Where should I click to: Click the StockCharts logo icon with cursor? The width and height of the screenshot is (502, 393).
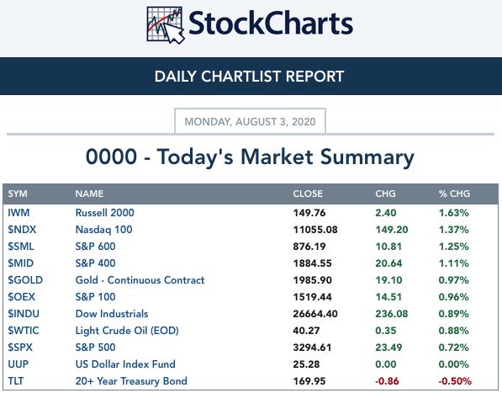pyautogui.click(x=165, y=25)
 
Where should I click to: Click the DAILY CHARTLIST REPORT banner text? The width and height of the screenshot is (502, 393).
pyautogui.click(x=249, y=77)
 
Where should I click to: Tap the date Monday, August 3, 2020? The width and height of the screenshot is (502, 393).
pyautogui.click(x=250, y=122)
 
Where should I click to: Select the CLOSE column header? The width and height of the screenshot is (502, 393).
pyautogui.click(x=308, y=194)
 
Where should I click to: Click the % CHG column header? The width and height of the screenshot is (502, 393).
pyautogui.click(x=454, y=194)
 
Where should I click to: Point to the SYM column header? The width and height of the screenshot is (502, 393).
pyautogui.click(x=18, y=194)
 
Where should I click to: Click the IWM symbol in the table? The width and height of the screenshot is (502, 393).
pyautogui.click(x=18, y=213)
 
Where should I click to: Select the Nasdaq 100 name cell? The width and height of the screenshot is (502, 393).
pyautogui.click(x=103, y=230)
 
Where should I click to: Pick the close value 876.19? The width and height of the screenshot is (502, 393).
pyautogui.click(x=309, y=247)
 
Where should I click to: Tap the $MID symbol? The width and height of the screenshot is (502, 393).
pyautogui.click(x=20, y=263)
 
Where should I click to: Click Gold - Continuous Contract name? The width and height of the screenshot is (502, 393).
pyautogui.click(x=140, y=280)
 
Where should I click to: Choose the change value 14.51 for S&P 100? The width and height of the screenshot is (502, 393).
pyautogui.click(x=388, y=297)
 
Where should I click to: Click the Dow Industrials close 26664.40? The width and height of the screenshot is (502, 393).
pyautogui.click(x=315, y=314)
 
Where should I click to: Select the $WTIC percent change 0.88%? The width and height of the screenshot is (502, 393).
pyautogui.click(x=454, y=331)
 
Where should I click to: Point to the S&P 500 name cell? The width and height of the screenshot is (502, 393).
pyautogui.click(x=95, y=348)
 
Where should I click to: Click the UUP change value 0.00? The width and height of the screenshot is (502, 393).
pyautogui.click(x=386, y=364)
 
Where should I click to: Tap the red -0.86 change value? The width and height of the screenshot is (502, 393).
pyautogui.click(x=387, y=381)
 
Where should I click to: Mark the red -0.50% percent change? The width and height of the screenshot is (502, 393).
pyautogui.click(x=455, y=381)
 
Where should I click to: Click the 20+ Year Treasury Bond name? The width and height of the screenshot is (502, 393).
pyautogui.click(x=131, y=381)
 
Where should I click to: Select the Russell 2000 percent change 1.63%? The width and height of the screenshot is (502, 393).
pyautogui.click(x=454, y=213)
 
